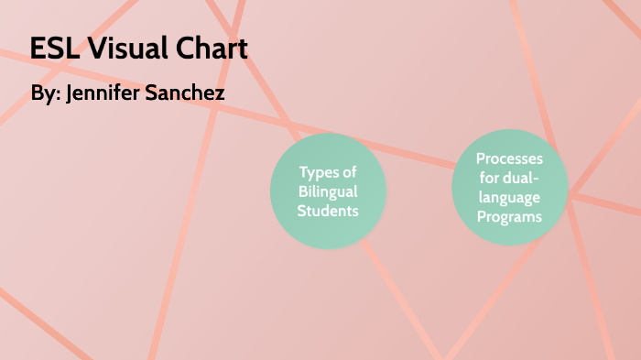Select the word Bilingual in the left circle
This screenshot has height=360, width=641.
pos(328,191)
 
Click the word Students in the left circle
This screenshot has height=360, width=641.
pos(328,211)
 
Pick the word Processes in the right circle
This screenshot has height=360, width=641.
pos(510,159)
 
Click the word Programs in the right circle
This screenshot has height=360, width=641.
pos(510,217)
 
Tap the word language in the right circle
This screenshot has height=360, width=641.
pos(510,198)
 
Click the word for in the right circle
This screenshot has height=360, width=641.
pos(490,179)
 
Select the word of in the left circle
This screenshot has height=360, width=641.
pos(350,172)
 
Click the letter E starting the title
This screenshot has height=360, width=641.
pos(38,49)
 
